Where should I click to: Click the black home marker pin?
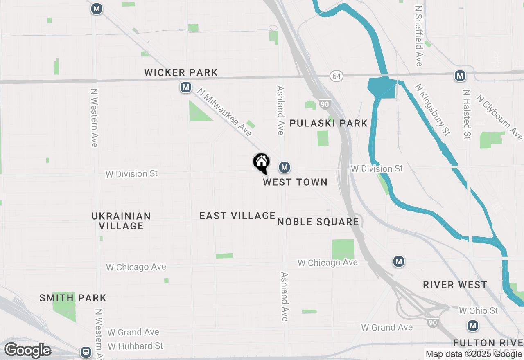pyautogui.click(x=261, y=163)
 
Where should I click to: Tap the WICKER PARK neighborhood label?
pyautogui.click(x=181, y=73)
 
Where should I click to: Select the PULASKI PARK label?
pyautogui.click(x=328, y=123)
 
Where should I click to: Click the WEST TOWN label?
pyautogui.click(x=295, y=182)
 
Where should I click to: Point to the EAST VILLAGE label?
pyautogui.click(x=237, y=216)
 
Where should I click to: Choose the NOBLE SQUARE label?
pyautogui.click(x=318, y=222)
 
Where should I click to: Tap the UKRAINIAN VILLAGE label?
pyautogui.click(x=121, y=220)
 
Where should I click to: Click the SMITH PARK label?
pyautogui.click(x=73, y=298)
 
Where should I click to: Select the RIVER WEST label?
pyautogui.click(x=455, y=285)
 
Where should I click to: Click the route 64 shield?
pyautogui.click(x=336, y=76)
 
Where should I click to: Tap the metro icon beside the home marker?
pyautogui.click(x=285, y=167)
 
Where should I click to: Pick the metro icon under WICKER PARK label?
pyautogui.click(x=186, y=87)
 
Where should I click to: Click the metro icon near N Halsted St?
pyautogui.click(x=460, y=76)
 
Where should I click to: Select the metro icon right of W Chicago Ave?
pyautogui.click(x=399, y=261)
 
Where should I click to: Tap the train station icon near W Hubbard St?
pyautogui.click(x=86, y=351)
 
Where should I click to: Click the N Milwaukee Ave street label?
pyautogui.click(x=224, y=112)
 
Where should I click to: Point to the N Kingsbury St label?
pyautogui.click(x=432, y=109)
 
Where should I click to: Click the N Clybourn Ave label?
pyautogui.click(x=500, y=117)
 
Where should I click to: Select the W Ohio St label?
pyautogui.click(x=478, y=311)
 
